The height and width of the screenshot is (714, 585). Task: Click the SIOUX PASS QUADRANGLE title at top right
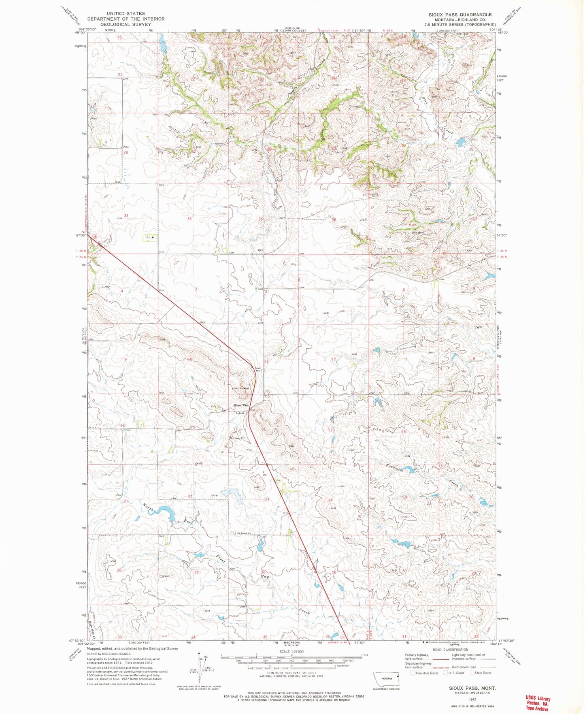(460, 15)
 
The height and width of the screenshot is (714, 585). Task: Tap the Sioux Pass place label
(240, 405)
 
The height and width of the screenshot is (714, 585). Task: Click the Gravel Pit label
(238, 438)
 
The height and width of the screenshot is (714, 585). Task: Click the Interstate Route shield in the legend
(413, 673)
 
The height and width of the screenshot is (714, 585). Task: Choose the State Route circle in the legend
(472, 673)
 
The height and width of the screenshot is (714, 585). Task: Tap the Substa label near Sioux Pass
(240, 413)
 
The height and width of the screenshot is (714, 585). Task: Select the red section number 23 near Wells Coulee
(262, 79)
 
